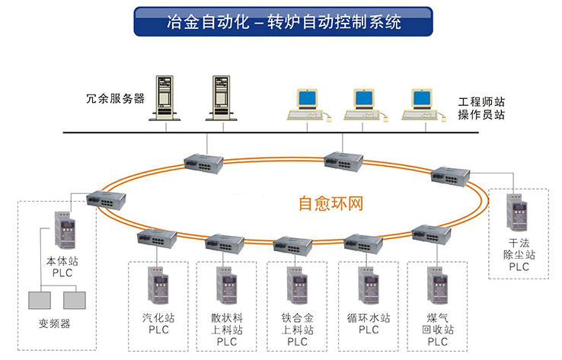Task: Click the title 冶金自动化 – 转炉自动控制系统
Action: coord(283,22)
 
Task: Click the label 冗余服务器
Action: coord(115,98)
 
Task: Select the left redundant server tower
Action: coord(166,96)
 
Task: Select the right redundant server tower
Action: coord(221,96)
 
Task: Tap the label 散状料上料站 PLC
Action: coord(226,330)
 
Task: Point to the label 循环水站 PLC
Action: coord(369,324)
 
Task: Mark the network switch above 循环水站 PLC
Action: coord(363,243)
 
